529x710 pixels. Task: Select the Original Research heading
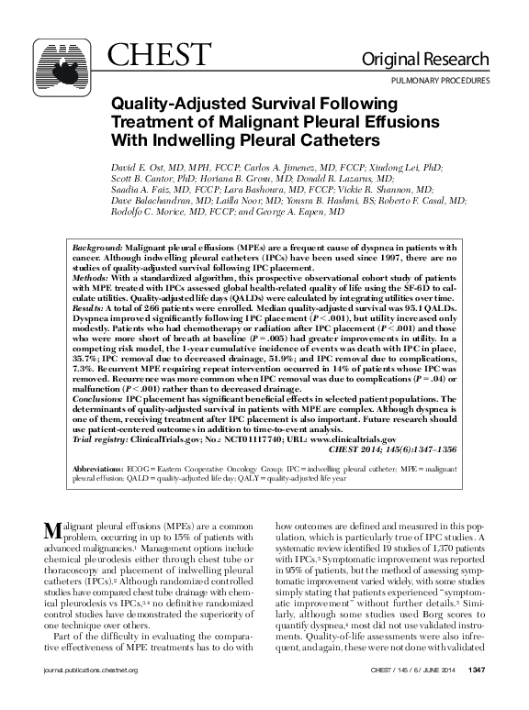pyautogui.click(x=437, y=61)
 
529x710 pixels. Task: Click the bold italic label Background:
pyautogui.click(x=100, y=249)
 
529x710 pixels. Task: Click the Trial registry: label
pyautogui.click(x=102, y=440)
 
